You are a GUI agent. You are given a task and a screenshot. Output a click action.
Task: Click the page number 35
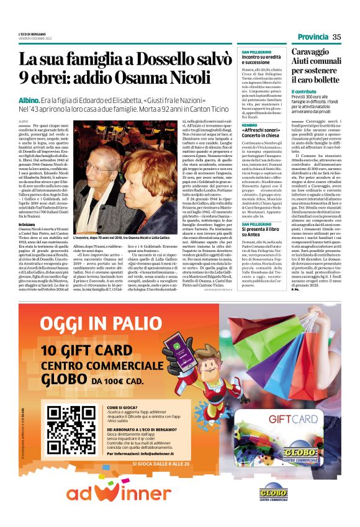point(336,37)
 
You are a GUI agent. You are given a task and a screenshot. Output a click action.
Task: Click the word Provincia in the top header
point(313,37)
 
